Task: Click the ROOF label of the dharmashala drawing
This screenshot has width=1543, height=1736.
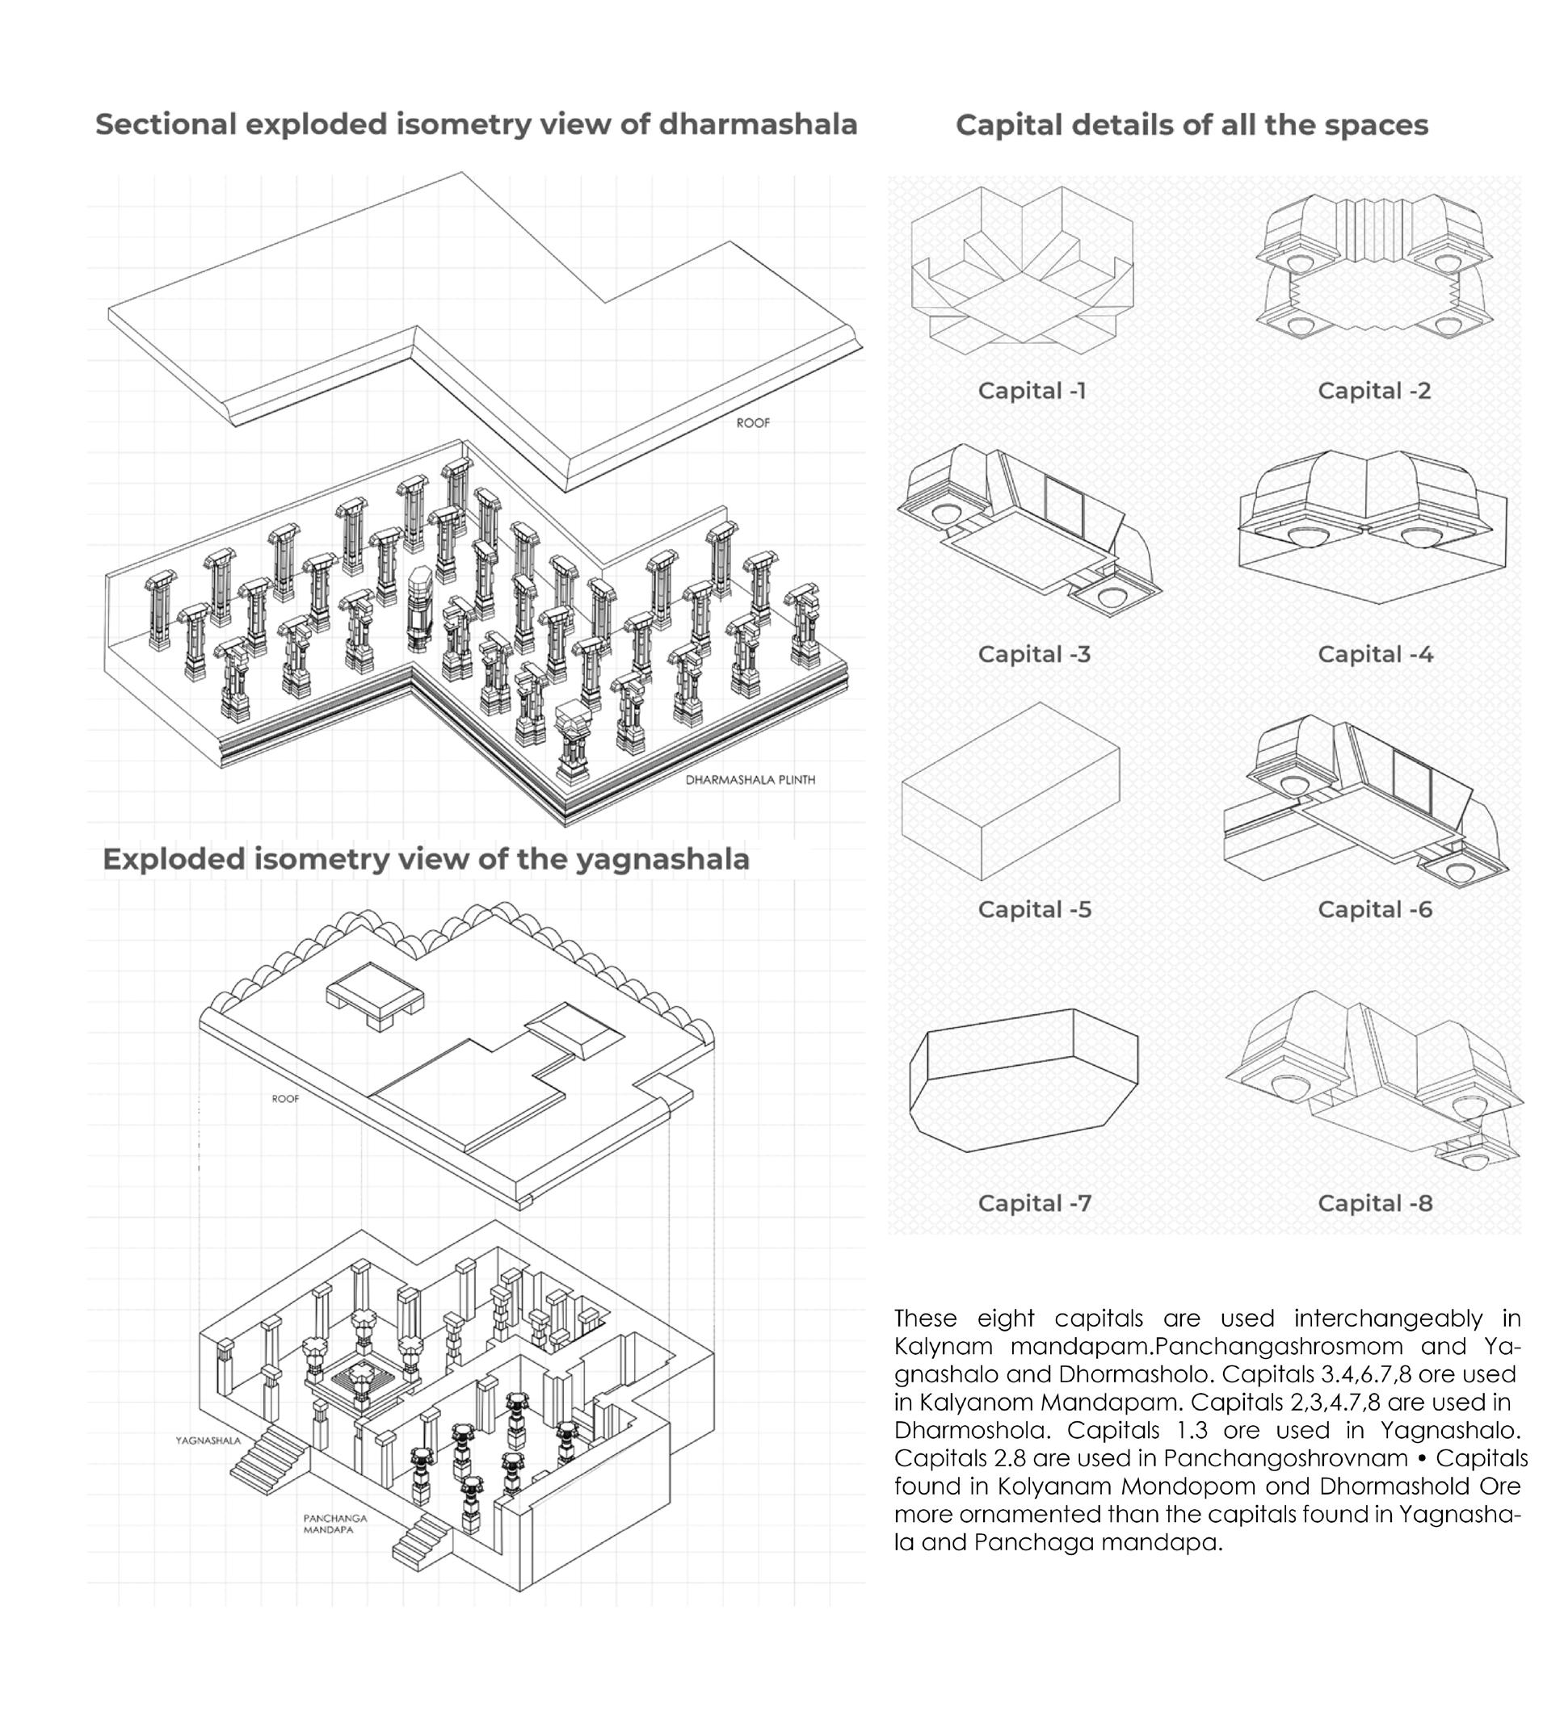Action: [753, 423]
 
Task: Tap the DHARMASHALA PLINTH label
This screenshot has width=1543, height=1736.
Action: [750, 780]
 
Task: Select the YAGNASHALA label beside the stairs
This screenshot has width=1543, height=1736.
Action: [208, 1440]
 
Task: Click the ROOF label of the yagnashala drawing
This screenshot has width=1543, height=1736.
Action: [285, 1099]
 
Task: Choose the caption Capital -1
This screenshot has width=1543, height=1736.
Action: [1032, 391]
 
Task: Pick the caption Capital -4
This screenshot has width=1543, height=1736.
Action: [1375, 654]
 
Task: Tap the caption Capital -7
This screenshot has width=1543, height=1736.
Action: [1034, 1202]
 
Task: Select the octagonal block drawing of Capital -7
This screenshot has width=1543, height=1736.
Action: [1023, 1079]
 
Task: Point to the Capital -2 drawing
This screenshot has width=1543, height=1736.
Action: [1374, 265]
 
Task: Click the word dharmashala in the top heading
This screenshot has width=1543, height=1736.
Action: [758, 124]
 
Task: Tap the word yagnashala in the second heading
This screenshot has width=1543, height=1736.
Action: [662, 859]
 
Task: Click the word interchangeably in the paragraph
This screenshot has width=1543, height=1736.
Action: [1388, 1319]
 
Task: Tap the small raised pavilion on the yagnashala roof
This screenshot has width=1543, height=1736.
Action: [375, 996]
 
